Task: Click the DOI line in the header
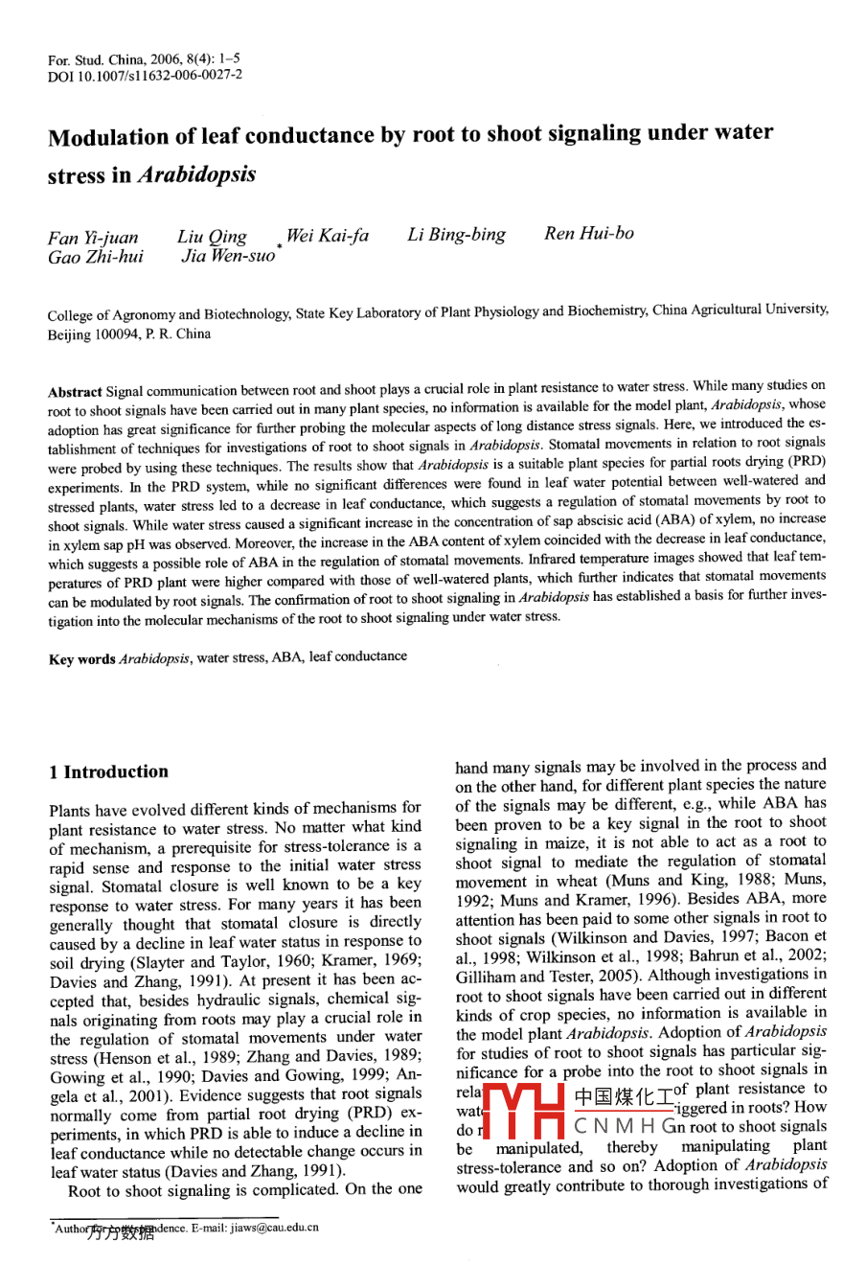[x=145, y=75]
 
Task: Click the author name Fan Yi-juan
[x=93, y=238]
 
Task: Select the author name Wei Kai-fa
[x=327, y=236]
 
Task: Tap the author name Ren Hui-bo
[x=588, y=234]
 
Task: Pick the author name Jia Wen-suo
[x=227, y=257]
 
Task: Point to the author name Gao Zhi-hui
[x=96, y=258]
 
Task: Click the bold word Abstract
[x=75, y=392]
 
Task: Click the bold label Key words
[x=82, y=659]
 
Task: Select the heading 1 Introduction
[x=108, y=771]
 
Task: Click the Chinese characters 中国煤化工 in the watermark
[x=623, y=1094]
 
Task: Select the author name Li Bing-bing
[x=456, y=235]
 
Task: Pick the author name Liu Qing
[x=212, y=237]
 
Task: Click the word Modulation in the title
[x=108, y=137]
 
